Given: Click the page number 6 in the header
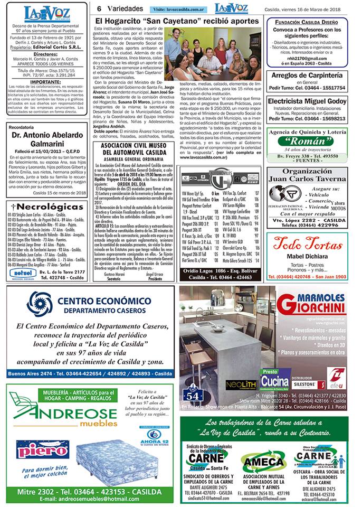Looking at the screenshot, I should pyautogui.click(x=99, y=8).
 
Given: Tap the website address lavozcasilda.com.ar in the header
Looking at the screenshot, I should pyautogui.click(x=179, y=10).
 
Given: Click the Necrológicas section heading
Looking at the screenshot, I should pyautogui.click(x=47, y=206).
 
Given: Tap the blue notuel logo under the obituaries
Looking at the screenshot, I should pyautogui.click(x=23, y=273).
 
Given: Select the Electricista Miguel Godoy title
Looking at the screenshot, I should pyautogui.click(x=307, y=101).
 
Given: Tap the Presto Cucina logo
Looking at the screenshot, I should pyautogui.click(x=274, y=379).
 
